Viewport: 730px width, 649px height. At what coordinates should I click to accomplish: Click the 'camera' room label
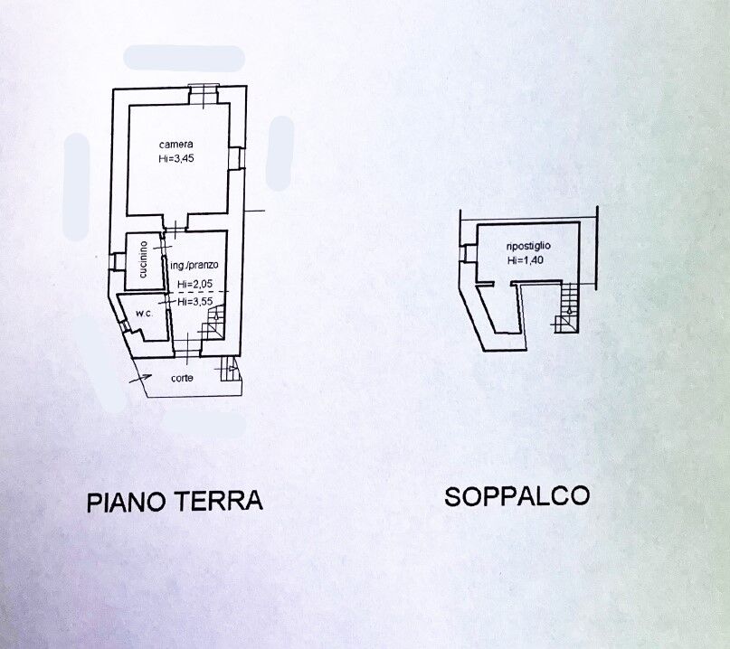coord(175,145)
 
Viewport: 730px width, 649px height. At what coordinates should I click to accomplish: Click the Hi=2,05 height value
coord(194,286)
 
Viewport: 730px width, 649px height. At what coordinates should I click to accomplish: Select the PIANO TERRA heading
coord(175,501)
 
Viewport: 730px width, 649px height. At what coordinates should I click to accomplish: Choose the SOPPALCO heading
coord(517,495)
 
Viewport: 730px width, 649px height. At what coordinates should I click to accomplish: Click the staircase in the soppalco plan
coord(567,307)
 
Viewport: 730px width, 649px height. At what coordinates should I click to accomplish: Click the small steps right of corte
coord(229,370)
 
